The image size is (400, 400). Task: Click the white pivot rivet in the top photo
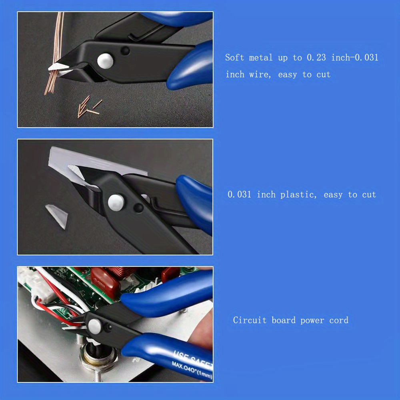[x=105, y=61]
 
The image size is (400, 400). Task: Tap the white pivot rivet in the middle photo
[x=116, y=202]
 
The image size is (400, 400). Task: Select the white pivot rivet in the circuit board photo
[x=94, y=326]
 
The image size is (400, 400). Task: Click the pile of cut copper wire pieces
[x=89, y=107]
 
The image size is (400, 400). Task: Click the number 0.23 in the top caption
[x=316, y=57]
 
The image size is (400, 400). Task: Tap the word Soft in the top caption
[x=234, y=57]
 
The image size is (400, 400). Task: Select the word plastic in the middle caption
[x=298, y=195]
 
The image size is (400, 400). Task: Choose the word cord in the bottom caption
[x=338, y=320]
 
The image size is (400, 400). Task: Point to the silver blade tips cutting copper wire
[x=59, y=68]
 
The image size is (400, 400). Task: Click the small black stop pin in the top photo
[x=125, y=51]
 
